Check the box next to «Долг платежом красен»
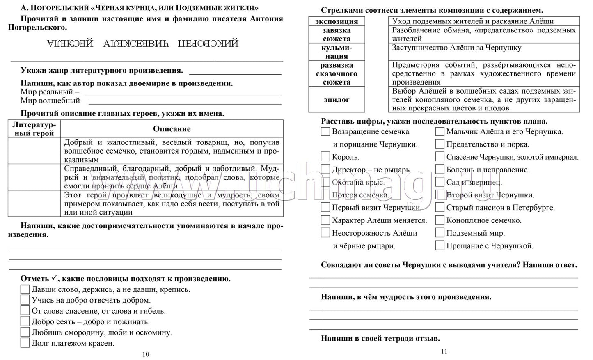point(25,343)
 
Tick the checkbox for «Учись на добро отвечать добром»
point(25,300)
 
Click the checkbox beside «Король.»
point(325,157)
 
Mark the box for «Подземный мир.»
point(440,233)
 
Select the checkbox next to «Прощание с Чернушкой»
point(440,245)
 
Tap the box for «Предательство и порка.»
point(440,144)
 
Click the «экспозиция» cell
point(337,21)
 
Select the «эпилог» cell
point(337,99)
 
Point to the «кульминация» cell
point(337,52)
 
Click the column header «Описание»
point(172,129)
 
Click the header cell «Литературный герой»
point(34,129)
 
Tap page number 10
point(146,354)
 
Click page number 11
point(444,351)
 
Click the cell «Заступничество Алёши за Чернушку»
point(484,52)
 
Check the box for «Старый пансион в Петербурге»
point(440,207)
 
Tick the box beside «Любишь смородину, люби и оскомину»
point(25,332)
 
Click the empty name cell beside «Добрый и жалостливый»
point(34,151)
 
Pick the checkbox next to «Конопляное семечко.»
point(440,220)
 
